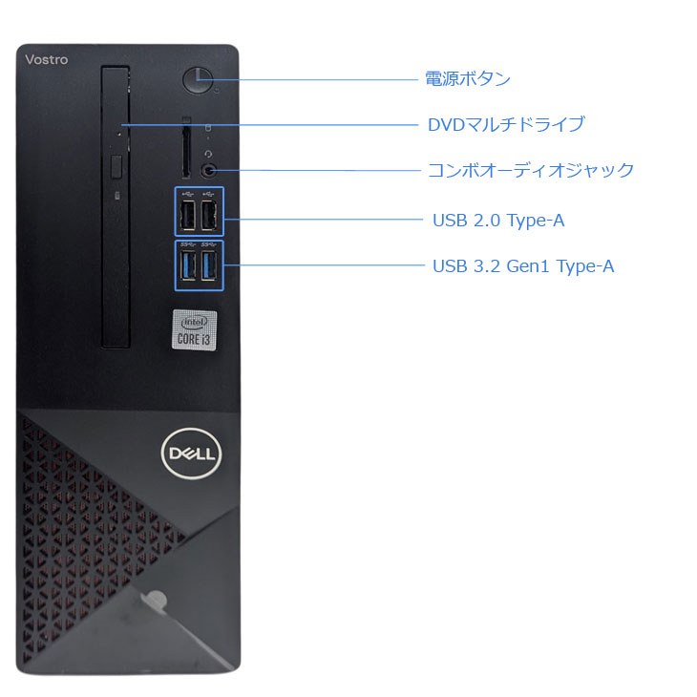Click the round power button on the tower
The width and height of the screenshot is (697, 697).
198,80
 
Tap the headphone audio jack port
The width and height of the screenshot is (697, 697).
209,170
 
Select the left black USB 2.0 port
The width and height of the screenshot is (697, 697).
188,216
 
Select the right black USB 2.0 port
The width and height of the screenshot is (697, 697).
209,216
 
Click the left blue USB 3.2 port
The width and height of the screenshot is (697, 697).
188,265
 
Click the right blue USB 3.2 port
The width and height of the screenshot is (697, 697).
209,265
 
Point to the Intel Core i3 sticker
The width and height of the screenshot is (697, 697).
194,329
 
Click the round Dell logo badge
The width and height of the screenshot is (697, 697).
192,454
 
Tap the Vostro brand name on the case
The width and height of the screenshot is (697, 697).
47,59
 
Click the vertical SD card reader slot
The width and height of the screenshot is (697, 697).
186,151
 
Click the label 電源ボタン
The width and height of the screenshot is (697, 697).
468,78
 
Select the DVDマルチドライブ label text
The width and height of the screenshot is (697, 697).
506,124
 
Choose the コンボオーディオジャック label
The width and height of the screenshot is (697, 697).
531,170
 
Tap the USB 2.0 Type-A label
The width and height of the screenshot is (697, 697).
498,221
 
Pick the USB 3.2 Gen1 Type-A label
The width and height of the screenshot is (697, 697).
523,266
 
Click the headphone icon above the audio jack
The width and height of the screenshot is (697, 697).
208,154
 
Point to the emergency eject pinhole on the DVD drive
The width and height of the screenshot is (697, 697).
118,133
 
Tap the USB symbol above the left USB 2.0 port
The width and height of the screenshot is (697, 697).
188,194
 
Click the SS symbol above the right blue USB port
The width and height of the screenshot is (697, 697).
208,244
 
